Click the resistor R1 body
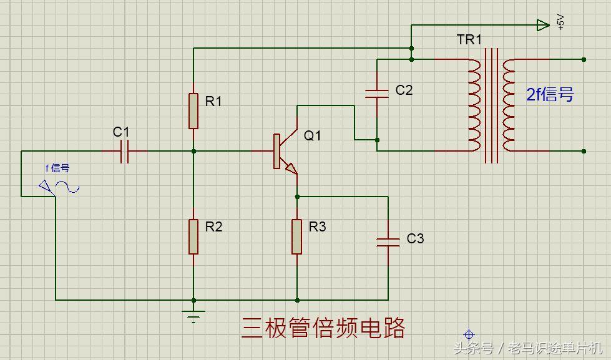click(x=193, y=110)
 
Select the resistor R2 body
click(x=193, y=236)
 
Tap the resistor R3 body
click(x=297, y=236)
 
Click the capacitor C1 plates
click(x=124, y=151)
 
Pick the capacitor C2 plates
click(x=377, y=94)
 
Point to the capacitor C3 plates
click(x=388, y=241)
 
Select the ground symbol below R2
click(x=193, y=315)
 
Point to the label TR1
click(x=469, y=40)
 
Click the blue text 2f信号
click(x=549, y=94)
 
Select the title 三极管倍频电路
click(x=323, y=328)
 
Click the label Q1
click(x=313, y=135)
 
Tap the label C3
click(x=415, y=238)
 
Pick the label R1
click(x=214, y=101)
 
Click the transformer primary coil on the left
click(x=474, y=105)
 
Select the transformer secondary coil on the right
click(x=509, y=105)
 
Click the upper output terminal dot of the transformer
click(x=584, y=59)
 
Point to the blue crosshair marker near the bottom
click(x=469, y=335)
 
